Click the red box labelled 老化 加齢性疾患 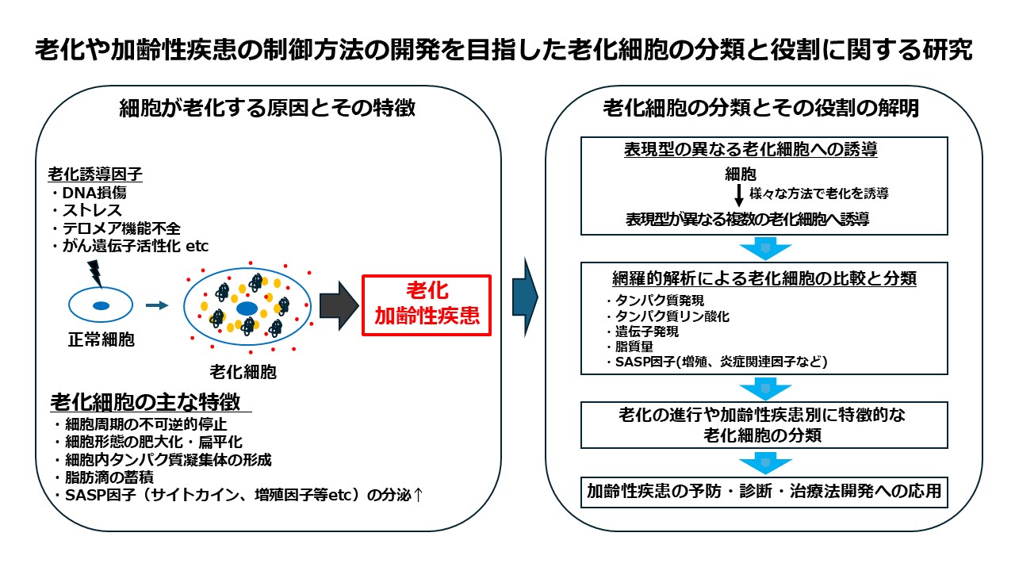[427, 305]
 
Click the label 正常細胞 [101, 340]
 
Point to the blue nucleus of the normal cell [101, 305]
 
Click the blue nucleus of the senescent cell [247, 308]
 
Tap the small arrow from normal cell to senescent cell [158, 305]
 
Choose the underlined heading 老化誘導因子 [84, 173]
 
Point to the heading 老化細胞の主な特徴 [147, 401]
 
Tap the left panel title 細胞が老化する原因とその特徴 [267, 109]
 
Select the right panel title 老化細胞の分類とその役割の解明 [761, 109]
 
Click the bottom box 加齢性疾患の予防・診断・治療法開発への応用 [764, 492]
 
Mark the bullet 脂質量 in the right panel [630, 347]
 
